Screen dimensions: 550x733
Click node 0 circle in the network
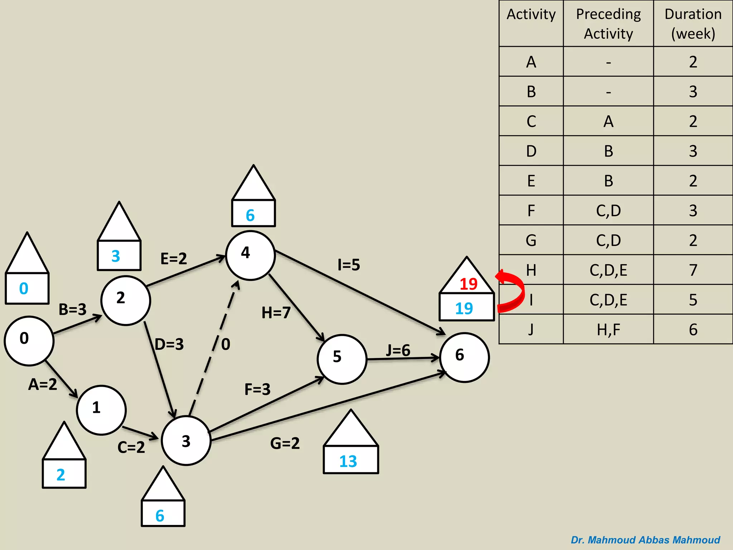pos(29,341)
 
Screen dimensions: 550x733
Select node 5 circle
pos(342,359)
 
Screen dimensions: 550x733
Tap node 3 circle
pos(186,440)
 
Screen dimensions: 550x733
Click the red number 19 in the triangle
pos(468,284)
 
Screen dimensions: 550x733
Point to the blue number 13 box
pos(350,460)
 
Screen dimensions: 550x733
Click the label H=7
pos(276,313)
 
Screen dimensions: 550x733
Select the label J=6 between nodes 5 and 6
pos(398,350)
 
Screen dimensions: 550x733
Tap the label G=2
pos(285,443)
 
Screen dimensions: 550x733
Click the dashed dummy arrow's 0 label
pos(225,344)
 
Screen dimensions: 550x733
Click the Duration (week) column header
pos(693,24)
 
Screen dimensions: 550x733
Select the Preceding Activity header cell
pos(608,24)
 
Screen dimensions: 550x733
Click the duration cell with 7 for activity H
pos(693,270)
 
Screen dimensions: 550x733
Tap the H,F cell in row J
pos(608,329)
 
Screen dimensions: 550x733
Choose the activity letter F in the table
pos(531,211)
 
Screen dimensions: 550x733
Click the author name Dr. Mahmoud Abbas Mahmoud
pos(645,540)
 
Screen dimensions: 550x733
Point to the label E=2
pos(174,259)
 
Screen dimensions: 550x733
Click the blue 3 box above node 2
pos(119,255)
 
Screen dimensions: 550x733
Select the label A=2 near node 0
pos(43,384)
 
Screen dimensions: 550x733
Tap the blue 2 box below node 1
pos(64,474)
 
